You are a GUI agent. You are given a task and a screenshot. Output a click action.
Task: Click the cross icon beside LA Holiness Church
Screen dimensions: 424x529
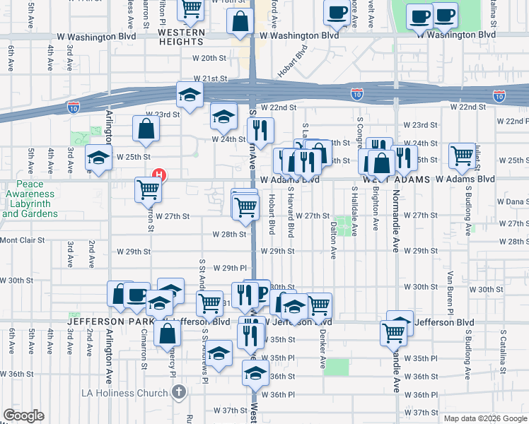(x=180, y=391)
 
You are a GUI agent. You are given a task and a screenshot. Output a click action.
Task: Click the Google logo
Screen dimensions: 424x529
(x=23, y=416)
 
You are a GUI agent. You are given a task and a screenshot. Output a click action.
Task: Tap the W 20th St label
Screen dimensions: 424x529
(x=214, y=59)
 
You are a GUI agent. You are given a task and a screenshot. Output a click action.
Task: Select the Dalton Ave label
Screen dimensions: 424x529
(x=333, y=240)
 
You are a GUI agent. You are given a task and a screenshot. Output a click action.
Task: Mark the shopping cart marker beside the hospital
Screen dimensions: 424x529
(x=149, y=189)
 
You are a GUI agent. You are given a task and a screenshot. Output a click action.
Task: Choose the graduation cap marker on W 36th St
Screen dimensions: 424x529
(x=255, y=373)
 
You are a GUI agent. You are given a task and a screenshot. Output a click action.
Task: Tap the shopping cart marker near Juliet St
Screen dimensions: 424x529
(x=463, y=154)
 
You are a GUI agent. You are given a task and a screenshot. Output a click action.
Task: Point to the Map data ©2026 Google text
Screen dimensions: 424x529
(x=484, y=418)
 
